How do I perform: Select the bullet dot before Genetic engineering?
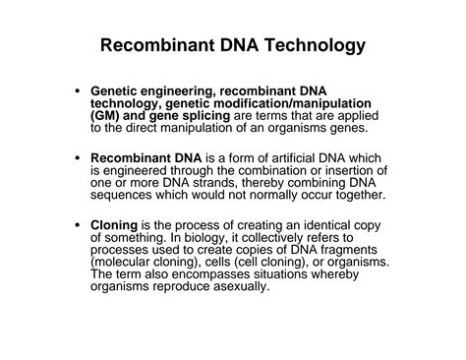[x=78, y=90]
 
